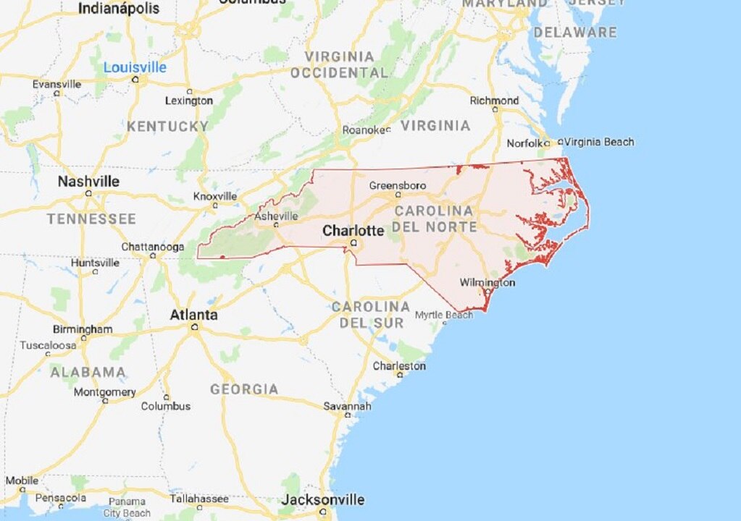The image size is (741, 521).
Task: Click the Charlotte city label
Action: tap(353, 231)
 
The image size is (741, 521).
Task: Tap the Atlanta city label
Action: tap(193, 315)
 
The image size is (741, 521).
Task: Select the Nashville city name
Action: tap(88, 181)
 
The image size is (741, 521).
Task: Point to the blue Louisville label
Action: tap(135, 67)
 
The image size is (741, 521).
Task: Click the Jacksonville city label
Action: tap(322, 499)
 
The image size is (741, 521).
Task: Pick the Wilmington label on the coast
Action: tap(487, 282)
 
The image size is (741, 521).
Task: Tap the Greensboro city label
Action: tap(398, 185)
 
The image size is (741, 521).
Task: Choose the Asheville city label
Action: tap(276, 216)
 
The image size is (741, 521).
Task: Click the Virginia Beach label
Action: tap(599, 142)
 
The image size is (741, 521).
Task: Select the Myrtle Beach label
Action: tap(444, 315)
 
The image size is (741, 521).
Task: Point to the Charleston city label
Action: tap(399, 366)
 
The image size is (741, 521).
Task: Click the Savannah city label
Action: tap(347, 407)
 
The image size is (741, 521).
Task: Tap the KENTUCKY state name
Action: tap(167, 127)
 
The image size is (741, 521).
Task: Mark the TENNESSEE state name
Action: tap(91, 219)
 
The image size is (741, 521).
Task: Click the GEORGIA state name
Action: tap(244, 389)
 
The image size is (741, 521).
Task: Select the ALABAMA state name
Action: tap(88, 373)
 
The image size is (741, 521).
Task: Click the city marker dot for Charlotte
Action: tap(353, 244)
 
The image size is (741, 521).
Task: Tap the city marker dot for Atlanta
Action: tap(195, 327)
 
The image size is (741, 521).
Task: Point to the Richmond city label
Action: tap(494, 101)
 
